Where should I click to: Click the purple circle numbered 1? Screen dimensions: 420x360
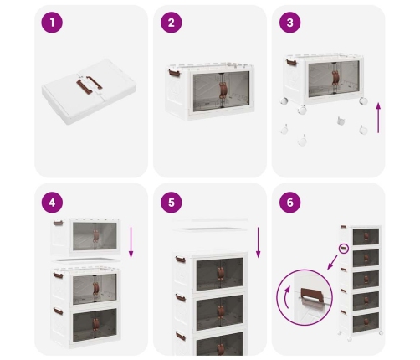pyautogui.click(x=52, y=23)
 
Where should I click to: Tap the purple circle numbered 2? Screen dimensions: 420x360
pyautogui.click(x=172, y=23)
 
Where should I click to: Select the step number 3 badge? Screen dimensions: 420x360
pyautogui.click(x=290, y=23)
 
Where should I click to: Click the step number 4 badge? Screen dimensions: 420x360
pyautogui.click(x=52, y=203)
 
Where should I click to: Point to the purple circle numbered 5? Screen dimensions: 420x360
pyautogui.click(x=172, y=203)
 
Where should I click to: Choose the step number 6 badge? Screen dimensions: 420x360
pyautogui.click(x=290, y=203)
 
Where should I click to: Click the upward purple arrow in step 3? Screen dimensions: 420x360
pyautogui.click(x=378, y=118)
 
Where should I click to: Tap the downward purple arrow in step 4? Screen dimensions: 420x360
pyautogui.click(x=131, y=243)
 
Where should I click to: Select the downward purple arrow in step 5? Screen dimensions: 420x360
pyautogui.click(x=259, y=243)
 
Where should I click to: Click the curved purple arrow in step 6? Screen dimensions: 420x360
pyautogui.click(x=285, y=297)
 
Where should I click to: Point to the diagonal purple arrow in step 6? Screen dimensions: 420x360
pyautogui.click(x=332, y=262)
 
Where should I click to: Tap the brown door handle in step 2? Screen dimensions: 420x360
pyautogui.click(x=223, y=90)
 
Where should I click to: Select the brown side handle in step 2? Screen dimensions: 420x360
pyautogui.click(x=174, y=73)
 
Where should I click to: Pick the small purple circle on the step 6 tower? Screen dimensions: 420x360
pyautogui.click(x=344, y=249)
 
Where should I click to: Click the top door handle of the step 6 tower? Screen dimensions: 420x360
pyautogui.click(x=366, y=237)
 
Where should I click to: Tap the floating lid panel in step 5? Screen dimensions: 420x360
pyautogui.click(x=210, y=229)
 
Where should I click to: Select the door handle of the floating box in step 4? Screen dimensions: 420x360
pyautogui.click(x=96, y=236)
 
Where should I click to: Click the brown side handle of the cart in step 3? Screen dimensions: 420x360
pyautogui.click(x=291, y=62)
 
